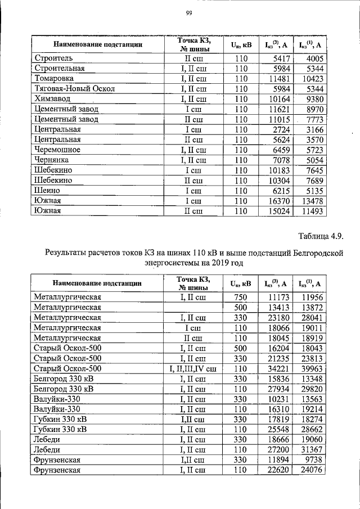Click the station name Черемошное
[57, 150]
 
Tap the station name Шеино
[47, 191]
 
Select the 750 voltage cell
[241, 296]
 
